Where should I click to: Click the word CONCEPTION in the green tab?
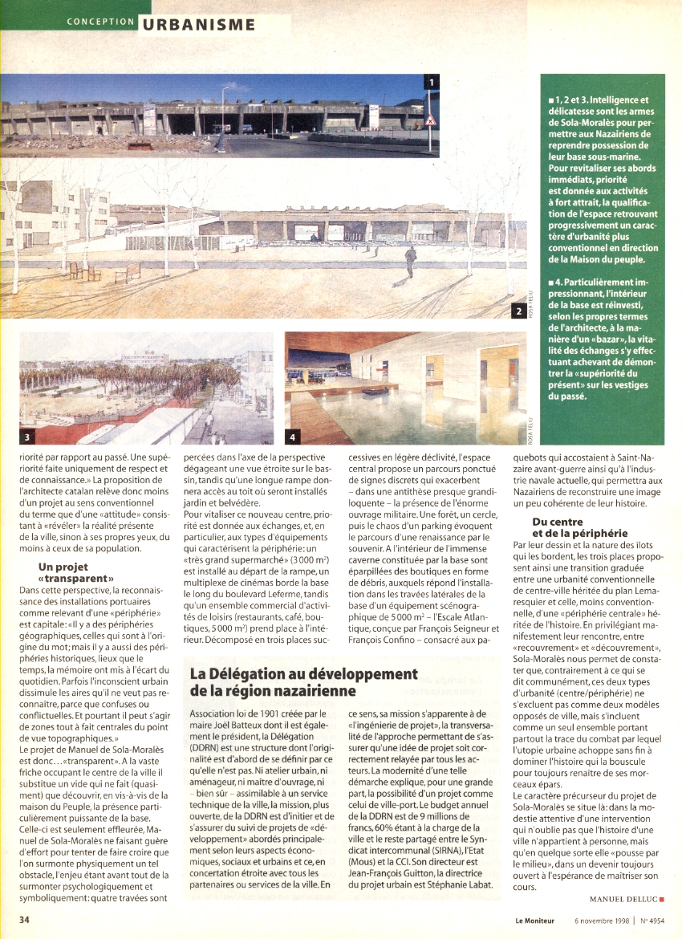click(x=101, y=22)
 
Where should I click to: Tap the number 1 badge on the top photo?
click(x=431, y=82)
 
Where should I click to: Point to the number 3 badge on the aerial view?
click(x=28, y=437)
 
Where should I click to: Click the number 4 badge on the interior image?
click(x=294, y=437)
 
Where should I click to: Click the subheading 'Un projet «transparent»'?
click(x=76, y=571)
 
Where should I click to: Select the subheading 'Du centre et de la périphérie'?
click(x=580, y=527)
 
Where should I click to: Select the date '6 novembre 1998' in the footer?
click(x=601, y=920)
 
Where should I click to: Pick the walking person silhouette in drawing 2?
click(x=410, y=259)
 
